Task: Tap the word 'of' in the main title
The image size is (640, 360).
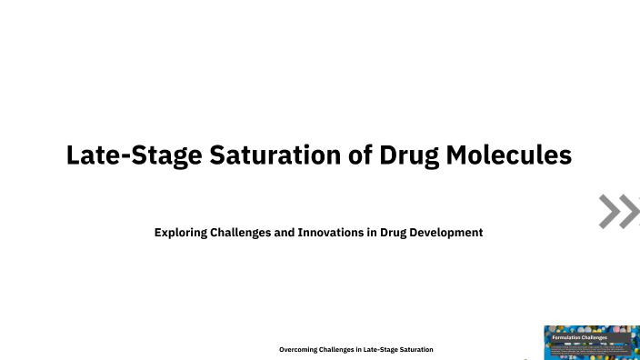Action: point(345,155)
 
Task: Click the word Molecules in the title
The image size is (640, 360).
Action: point(509,155)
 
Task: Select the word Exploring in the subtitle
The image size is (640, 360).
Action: point(180,233)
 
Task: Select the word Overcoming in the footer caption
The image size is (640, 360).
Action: point(297,349)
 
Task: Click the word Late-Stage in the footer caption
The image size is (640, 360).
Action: point(381,349)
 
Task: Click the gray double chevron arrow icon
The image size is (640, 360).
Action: point(619,211)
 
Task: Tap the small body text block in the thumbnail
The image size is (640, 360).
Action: point(591,348)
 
